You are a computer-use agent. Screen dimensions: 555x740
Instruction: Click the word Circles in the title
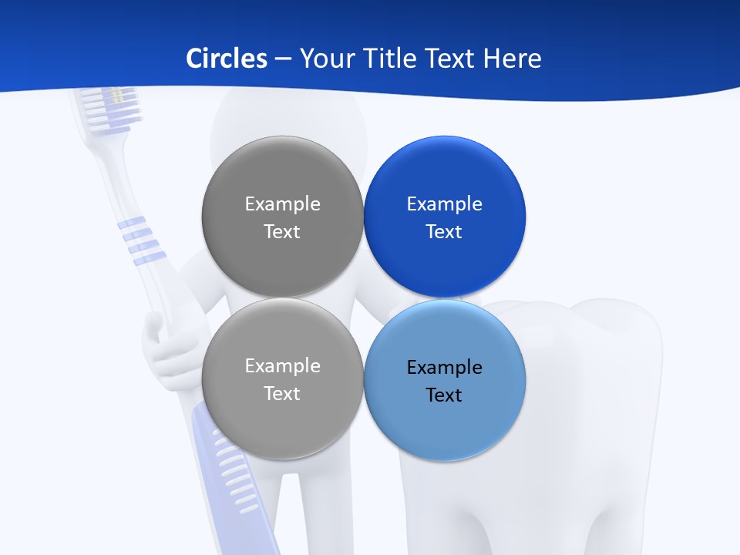[227, 59]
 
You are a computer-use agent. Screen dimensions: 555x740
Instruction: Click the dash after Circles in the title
[283, 59]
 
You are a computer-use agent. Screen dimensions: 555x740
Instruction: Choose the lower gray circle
[282, 424]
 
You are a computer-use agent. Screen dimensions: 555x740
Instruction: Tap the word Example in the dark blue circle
[445, 204]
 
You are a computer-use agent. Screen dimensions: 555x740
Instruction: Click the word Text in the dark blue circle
[444, 232]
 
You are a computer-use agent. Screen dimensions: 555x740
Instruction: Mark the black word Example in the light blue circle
[445, 368]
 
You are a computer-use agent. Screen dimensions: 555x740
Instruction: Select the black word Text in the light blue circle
[444, 395]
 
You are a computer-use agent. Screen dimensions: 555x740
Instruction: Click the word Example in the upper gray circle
[282, 204]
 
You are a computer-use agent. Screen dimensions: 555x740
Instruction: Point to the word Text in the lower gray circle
[282, 394]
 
